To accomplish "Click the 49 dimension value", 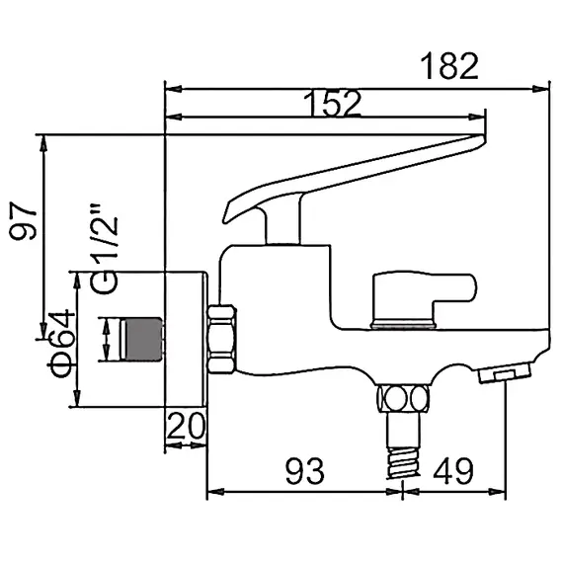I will (455, 471).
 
